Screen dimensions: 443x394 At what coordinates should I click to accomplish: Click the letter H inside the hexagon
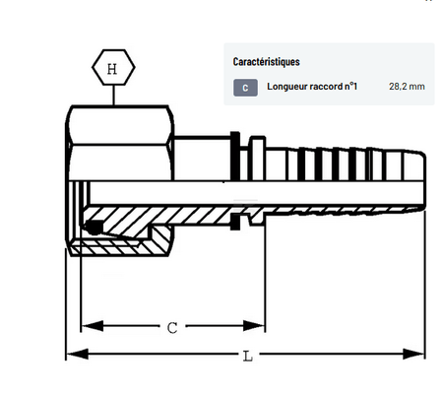pyautogui.click(x=112, y=69)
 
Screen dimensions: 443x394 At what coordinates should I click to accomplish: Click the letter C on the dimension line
pyautogui.click(x=172, y=328)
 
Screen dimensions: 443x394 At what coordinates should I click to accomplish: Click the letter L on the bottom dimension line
pyautogui.click(x=248, y=357)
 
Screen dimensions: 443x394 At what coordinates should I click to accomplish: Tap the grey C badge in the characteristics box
pyautogui.click(x=245, y=88)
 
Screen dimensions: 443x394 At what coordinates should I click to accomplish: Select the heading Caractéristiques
pyautogui.click(x=266, y=62)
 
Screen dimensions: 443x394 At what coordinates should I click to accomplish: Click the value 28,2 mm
pyautogui.click(x=407, y=87)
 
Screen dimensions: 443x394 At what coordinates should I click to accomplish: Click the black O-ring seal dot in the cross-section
pyautogui.click(x=94, y=228)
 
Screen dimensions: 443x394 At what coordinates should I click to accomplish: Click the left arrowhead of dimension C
pyautogui.click(x=92, y=326)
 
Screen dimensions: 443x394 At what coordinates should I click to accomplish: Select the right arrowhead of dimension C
pyautogui.click(x=254, y=326)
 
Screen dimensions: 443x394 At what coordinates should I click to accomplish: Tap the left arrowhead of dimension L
pyautogui.click(x=77, y=354)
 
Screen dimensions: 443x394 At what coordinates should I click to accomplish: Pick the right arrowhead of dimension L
pyautogui.click(x=413, y=354)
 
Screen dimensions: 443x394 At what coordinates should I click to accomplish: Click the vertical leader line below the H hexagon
pyautogui.click(x=114, y=96)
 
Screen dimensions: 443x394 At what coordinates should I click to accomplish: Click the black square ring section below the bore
pyautogui.click(x=235, y=222)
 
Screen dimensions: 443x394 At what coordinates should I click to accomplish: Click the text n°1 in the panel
pyautogui.click(x=350, y=87)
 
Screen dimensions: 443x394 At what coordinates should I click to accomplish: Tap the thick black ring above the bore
pyautogui.click(x=235, y=157)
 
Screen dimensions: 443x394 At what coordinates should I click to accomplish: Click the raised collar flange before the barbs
pyautogui.click(x=257, y=159)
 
